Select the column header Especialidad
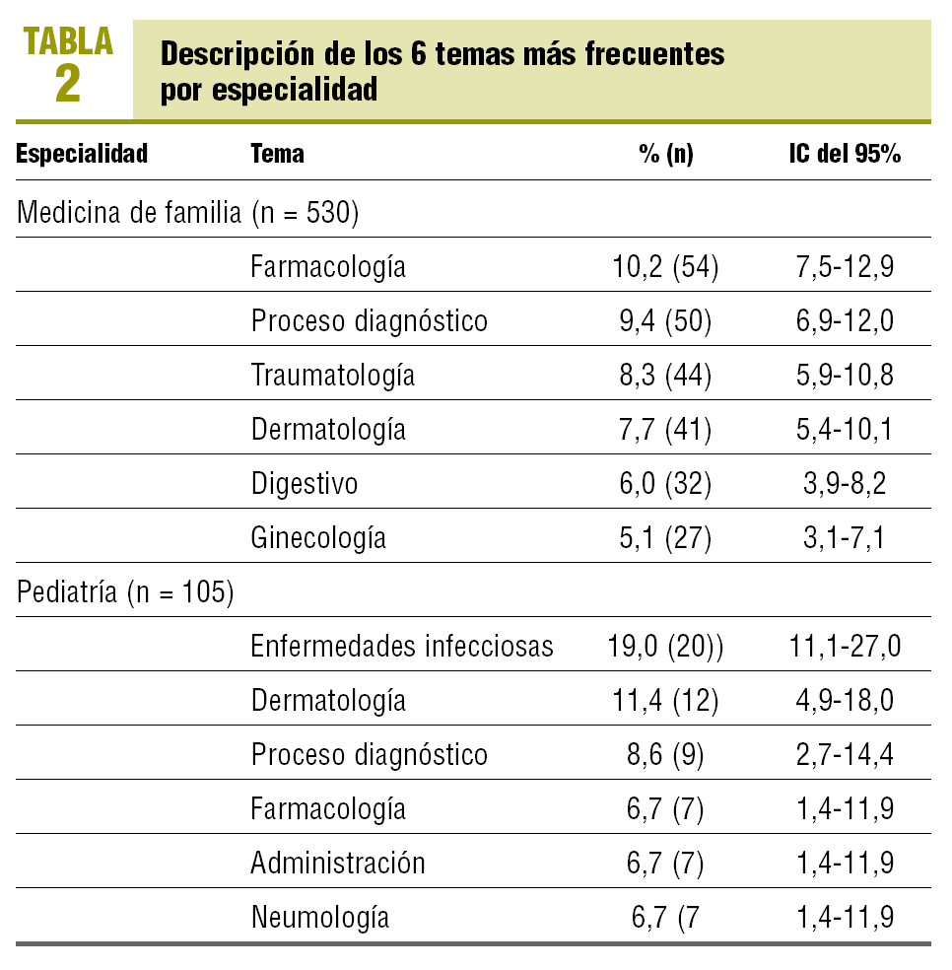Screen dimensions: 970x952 pos(83,154)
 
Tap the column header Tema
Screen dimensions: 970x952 pos(278,154)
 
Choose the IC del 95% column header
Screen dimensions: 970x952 pos(844,154)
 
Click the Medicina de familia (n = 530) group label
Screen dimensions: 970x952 pos(187,212)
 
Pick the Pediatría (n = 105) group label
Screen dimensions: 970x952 pos(125,593)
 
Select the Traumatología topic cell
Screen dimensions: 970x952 pos(332,376)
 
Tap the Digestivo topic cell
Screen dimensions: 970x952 pos(304,484)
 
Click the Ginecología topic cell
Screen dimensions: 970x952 pos(318,538)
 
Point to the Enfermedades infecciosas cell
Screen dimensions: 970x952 pos(402,647)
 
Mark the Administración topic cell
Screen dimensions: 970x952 pos(338,864)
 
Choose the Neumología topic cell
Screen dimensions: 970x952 pos(320,918)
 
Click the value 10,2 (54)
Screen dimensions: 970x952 pos(665,267)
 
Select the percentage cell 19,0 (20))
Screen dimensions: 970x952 pos(668,647)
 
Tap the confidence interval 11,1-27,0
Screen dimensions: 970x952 pos(844,647)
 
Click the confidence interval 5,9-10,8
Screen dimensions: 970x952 pos(844,376)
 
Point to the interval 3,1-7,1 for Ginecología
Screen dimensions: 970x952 pos(844,538)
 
